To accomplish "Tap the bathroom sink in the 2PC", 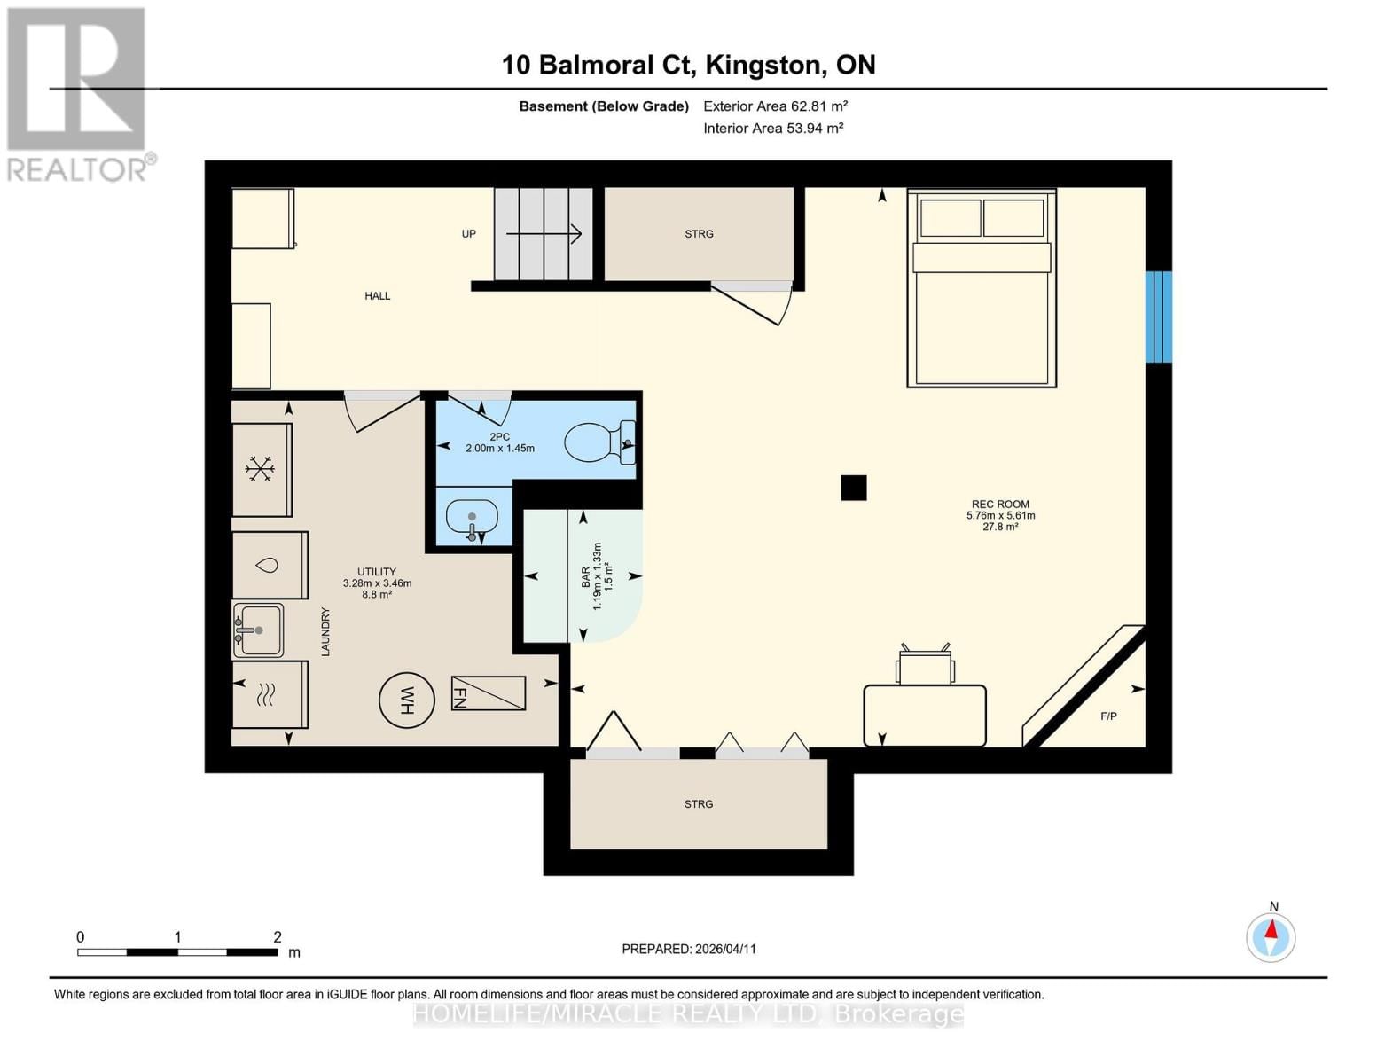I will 472,517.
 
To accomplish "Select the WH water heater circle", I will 407,700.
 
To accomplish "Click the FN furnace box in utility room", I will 489,692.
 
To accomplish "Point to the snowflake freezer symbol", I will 260,469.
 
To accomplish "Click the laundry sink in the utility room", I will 259,630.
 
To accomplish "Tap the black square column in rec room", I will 853,488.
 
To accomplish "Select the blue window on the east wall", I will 1158,317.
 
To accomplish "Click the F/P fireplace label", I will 1108,716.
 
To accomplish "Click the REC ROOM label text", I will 1000,504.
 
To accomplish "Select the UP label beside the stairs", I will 468,234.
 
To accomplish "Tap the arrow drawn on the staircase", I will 544,234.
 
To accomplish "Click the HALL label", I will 378,296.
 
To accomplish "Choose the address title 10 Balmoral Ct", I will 688,65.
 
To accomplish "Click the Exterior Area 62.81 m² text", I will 775,106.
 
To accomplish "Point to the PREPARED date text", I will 689,949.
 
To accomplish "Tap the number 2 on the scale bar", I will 278,937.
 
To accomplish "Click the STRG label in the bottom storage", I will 699,804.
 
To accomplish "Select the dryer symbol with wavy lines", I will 266,694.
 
